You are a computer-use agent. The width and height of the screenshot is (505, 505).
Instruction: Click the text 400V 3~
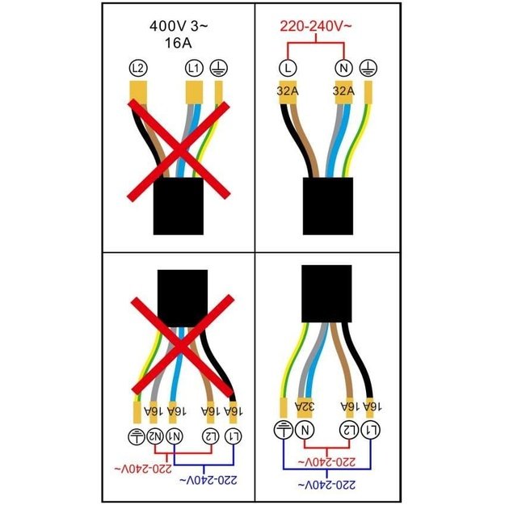click(x=179, y=26)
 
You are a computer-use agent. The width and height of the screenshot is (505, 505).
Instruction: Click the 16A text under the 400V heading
click(x=179, y=43)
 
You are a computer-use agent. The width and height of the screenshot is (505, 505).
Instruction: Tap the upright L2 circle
click(x=138, y=69)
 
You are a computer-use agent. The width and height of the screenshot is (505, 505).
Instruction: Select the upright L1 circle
click(x=194, y=69)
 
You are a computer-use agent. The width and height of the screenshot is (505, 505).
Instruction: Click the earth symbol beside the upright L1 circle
click(x=219, y=69)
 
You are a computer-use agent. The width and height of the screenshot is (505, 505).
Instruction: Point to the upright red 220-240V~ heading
click(x=316, y=26)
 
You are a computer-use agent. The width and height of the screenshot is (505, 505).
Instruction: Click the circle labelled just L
click(x=288, y=69)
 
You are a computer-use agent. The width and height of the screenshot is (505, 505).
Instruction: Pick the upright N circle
click(x=344, y=69)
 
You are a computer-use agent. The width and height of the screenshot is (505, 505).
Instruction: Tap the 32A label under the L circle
click(x=288, y=91)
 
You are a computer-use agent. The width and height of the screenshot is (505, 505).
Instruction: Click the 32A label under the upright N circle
click(x=343, y=91)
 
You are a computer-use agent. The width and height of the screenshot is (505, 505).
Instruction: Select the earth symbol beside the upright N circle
click(x=368, y=69)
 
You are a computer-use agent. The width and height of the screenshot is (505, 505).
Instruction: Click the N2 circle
click(x=155, y=436)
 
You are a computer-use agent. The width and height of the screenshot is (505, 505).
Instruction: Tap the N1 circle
click(x=175, y=436)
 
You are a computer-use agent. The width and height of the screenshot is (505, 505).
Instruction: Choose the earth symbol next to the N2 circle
click(x=137, y=436)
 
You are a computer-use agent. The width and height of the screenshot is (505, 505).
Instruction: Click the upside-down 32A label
click(x=305, y=406)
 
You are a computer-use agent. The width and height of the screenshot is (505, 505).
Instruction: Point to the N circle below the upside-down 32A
click(x=305, y=431)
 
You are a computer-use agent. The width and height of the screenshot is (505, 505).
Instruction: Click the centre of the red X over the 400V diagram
click(x=179, y=150)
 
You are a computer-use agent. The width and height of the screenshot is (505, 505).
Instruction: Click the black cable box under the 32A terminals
click(x=328, y=206)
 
